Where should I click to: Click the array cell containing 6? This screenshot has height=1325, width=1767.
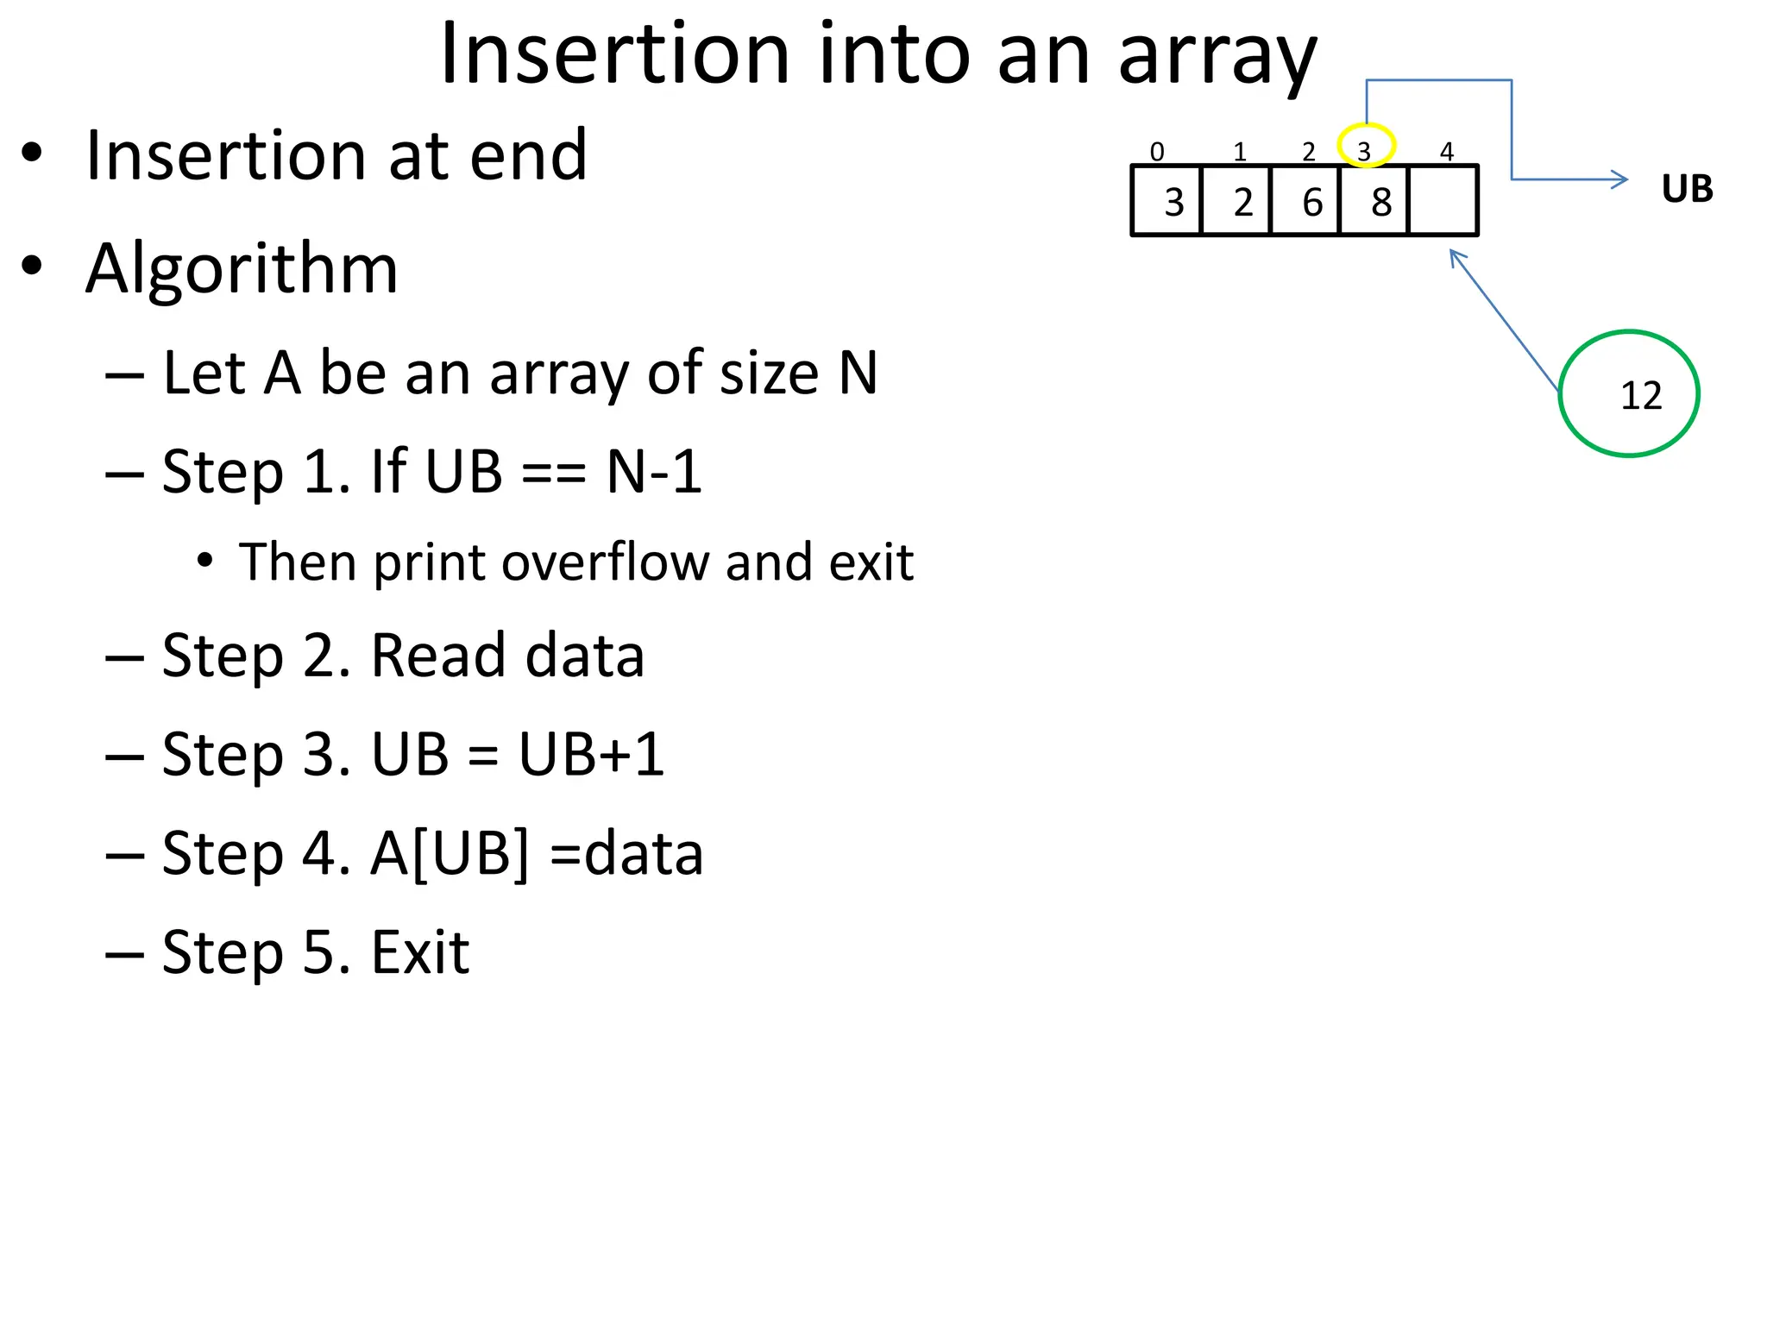tap(1305, 201)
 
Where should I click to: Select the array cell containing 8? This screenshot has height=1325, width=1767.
tap(1374, 201)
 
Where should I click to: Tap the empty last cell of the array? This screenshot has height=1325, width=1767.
tap(1443, 201)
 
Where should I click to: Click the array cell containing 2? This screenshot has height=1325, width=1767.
tap(1236, 201)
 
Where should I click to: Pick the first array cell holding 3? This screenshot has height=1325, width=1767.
tap(1166, 201)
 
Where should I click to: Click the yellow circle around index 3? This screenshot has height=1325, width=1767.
tap(1366, 145)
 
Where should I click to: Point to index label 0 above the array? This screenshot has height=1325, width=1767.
tap(1157, 152)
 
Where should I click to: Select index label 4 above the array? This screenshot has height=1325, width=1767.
tap(1447, 152)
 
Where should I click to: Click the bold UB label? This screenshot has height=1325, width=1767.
tap(1687, 189)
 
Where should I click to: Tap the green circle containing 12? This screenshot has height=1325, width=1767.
tap(1629, 393)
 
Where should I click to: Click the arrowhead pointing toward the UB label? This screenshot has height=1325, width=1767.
tap(1620, 179)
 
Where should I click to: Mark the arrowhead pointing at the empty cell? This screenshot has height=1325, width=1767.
tap(1456, 256)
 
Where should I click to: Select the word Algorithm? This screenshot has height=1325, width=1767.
tap(242, 268)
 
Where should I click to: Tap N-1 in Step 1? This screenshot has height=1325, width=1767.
tap(654, 472)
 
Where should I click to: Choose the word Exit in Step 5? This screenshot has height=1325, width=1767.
tap(420, 952)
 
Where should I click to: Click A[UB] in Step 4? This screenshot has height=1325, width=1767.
tap(450, 853)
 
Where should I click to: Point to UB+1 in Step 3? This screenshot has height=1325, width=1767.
tap(591, 754)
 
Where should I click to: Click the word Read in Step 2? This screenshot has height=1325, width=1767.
tap(437, 656)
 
